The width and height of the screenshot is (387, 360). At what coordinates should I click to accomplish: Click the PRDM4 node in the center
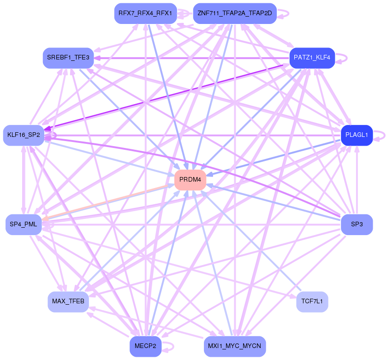[190, 180]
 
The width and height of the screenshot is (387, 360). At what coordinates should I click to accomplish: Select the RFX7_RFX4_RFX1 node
[145, 13]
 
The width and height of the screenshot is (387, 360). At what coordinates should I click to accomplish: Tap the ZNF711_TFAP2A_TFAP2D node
[235, 13]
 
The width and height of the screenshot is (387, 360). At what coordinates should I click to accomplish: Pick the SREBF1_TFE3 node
[68, 58]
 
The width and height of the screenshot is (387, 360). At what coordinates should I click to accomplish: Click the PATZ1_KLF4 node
[312, 58]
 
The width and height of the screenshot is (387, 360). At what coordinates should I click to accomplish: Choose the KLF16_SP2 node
[24, 135]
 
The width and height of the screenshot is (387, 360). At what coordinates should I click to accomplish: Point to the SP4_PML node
[24, 224]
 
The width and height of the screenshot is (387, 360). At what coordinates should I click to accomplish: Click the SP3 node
[357, 224]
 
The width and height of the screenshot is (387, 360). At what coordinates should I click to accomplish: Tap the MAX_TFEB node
[68, 301]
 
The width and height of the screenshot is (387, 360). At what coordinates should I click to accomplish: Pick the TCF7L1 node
[312, 301]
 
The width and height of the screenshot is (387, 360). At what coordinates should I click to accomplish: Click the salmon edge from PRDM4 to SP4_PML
[106, 202]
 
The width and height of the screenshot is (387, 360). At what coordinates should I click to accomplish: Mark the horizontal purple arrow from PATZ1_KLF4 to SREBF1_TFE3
[194, 58]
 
